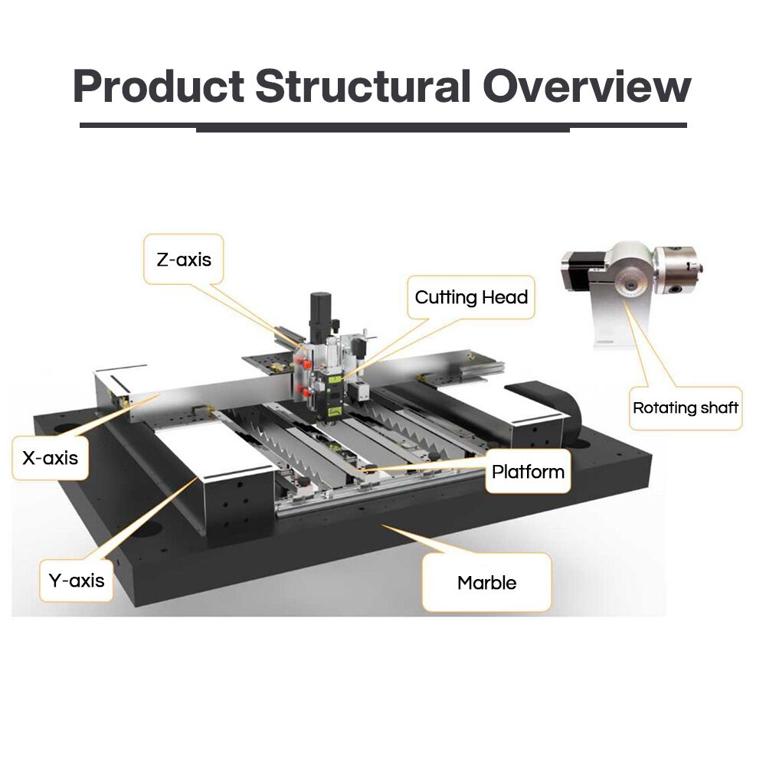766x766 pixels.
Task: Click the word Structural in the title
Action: [362, 87]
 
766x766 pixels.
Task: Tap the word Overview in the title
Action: [587, 87]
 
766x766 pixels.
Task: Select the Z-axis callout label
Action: [184, 259]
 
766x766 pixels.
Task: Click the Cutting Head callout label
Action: [471, 297]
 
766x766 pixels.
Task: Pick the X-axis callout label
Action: [50, 458]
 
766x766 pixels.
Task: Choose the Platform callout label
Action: [528, 471]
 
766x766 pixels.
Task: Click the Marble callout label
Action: [486, 583]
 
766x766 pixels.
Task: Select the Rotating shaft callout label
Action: [685, 408]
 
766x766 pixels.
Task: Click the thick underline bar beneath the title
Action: [383, 127]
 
